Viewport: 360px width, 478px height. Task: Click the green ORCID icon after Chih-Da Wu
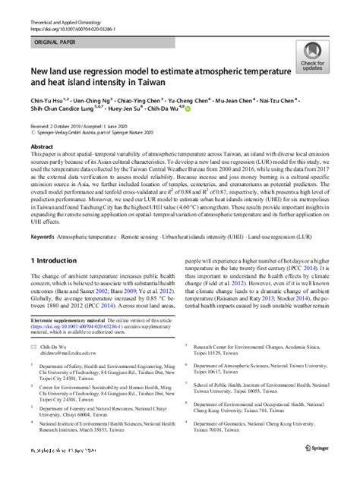(188, 108)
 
